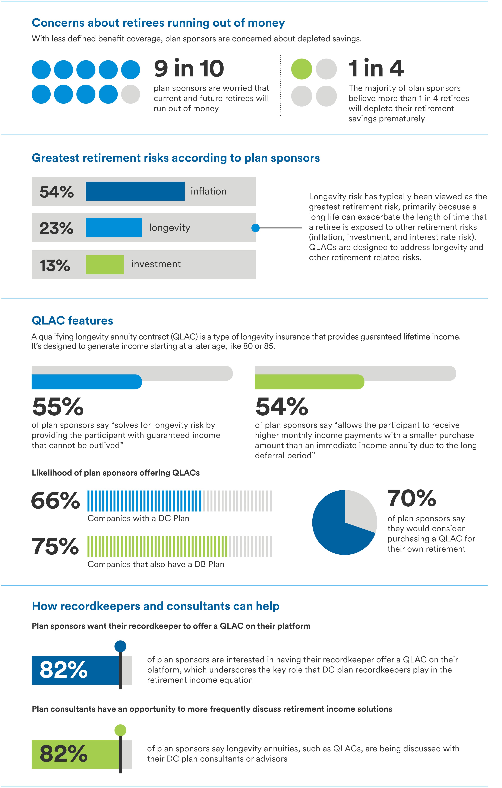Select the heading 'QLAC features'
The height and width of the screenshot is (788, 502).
[72, 321]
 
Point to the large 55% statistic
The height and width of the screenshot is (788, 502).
[58, 407]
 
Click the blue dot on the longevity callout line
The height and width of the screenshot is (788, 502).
[256, 228]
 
